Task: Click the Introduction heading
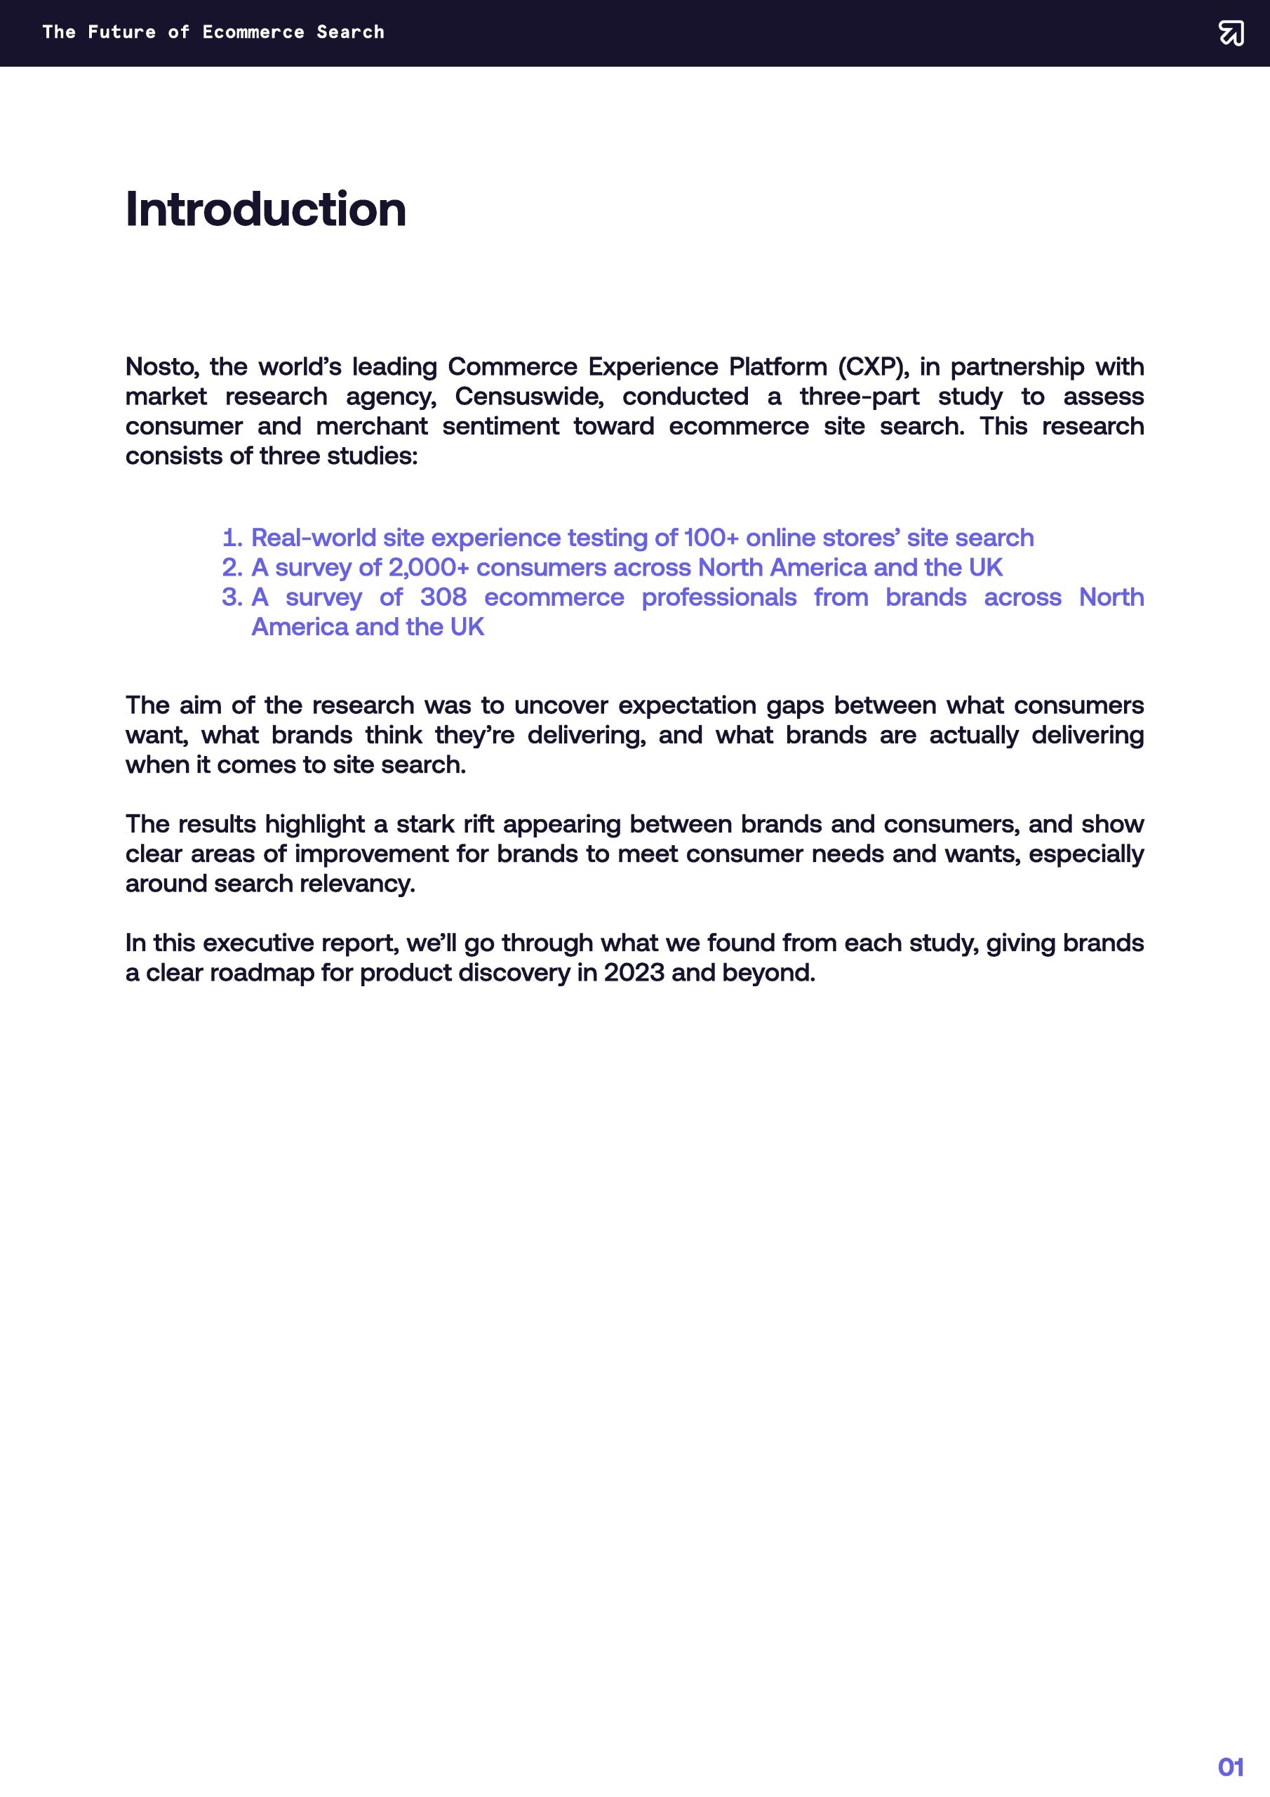[x=265, y=210]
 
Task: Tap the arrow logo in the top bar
[x=1231, y=33]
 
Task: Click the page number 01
[x=1231, y=1767]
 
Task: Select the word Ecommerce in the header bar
[x=253, y=32]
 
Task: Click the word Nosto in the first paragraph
[x=161, y=366]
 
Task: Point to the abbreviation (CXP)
[x=874, y=366]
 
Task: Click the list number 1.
[x=232, y=538]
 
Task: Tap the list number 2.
[x=232, y=567]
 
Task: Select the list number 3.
[x=232, y=597]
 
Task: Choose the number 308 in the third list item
[x=443, y=597]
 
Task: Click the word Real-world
[x=314, y=538]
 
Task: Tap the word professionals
[x=718, y=597]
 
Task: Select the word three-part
[x=860, y=396]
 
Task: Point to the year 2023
[x=634, y=973]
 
